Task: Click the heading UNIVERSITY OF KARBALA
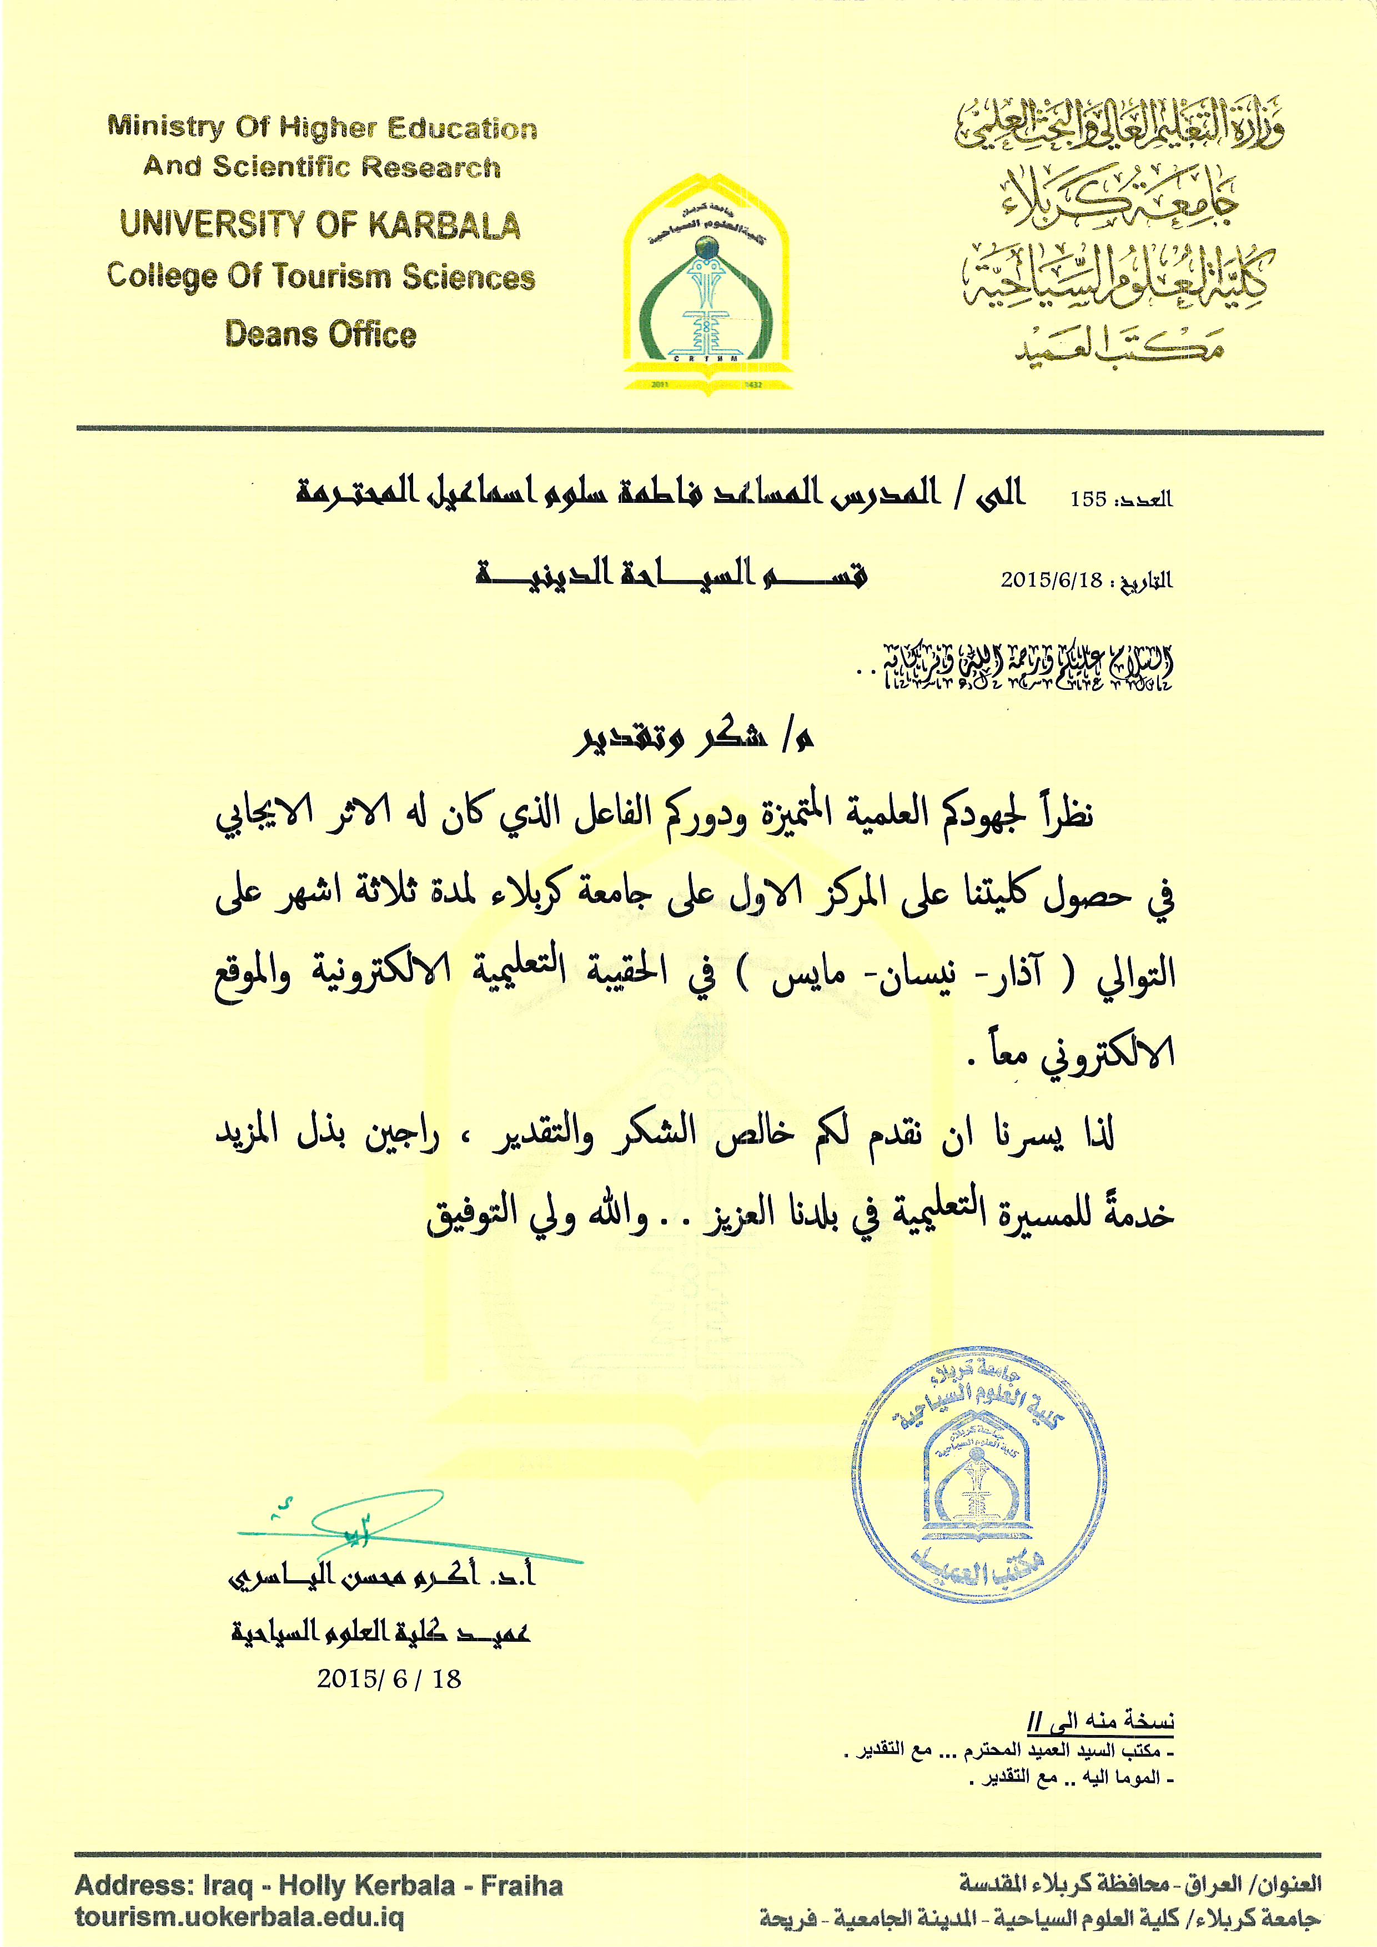click(320, 225)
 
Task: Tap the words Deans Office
click(321, 334)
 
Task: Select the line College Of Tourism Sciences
click(321, 276)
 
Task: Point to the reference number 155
click(1088, 500)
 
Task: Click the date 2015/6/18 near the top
click(1051, 580)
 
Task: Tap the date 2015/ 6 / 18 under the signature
click(389, 1679)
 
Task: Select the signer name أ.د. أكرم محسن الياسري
click(383, 1576)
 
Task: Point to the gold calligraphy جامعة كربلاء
click(1120, 199)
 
